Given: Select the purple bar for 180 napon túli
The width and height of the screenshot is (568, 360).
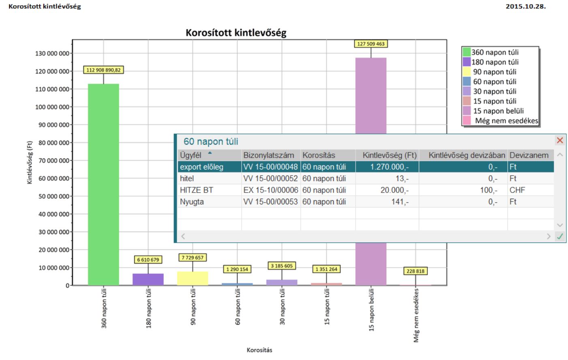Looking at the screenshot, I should tap(148, 279).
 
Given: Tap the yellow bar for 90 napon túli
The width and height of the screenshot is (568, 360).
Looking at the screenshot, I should tap(193, 279).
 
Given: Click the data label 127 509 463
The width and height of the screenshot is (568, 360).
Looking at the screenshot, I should tap(371, 44).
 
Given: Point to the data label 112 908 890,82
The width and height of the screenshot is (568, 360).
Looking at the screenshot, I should tap(103, 70).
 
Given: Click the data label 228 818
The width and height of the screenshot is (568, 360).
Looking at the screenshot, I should tap(416, 271).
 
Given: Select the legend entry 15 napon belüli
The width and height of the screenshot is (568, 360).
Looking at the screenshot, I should tap(498, 111).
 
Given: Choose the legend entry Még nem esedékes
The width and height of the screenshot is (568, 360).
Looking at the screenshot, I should tap(506, 121).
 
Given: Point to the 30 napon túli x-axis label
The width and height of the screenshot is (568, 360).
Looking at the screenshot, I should tap(282, 306).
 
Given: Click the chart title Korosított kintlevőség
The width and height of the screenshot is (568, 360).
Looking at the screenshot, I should tap(236, 33).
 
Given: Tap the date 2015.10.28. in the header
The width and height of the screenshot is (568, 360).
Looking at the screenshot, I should tap(525, 6).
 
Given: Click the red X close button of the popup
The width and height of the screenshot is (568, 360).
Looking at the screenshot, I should tap(560, 140).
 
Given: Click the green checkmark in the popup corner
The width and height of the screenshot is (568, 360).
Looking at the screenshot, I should tap(560, 236).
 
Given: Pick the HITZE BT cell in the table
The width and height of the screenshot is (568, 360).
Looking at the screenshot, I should tap(197, 190).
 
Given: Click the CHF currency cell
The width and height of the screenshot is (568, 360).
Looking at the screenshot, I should tap(517, 190).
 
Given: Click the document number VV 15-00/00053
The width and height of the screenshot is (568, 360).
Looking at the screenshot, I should tap(270, 202).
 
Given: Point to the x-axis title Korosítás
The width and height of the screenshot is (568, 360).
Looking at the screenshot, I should tap(259, 350).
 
